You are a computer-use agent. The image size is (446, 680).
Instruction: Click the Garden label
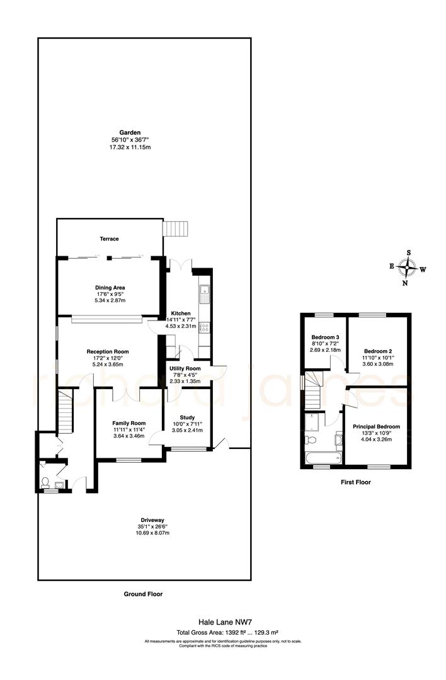click(x=130, y=132)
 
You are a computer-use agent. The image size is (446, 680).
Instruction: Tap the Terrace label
click(x=109, y=239)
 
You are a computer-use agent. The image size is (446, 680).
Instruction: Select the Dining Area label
click(x=110, y=287)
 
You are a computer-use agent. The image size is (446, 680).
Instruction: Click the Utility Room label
click(x=185, y=368)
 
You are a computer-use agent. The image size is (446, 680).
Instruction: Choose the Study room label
click(x=188, y=417)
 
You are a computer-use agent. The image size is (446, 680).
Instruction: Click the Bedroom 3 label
click(x=324, y=337)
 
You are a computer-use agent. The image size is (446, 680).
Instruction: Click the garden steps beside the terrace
click(x=176, y=228)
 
